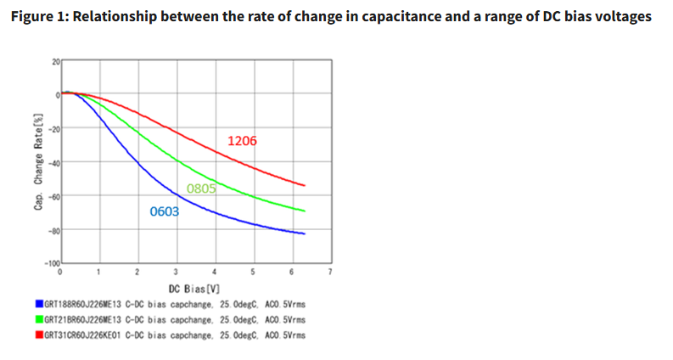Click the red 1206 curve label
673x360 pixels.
(x=242, y=141)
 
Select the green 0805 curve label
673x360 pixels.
(x=201, y=188)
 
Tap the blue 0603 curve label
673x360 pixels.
(x=165, y=211)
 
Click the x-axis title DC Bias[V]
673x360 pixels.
(x=195, y=289)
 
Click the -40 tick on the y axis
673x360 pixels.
(x=53, y=162)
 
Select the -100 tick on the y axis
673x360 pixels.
(x=51, y=264)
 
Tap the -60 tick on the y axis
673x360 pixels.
(x=53, y=196)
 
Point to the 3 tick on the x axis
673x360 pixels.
(x=176, y=273)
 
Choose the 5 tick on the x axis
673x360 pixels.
(x=252, y=273)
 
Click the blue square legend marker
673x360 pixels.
(x=39, y=302)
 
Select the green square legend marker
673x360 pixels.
(x=39, y=319)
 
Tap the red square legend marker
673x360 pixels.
(x=39, y=335)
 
